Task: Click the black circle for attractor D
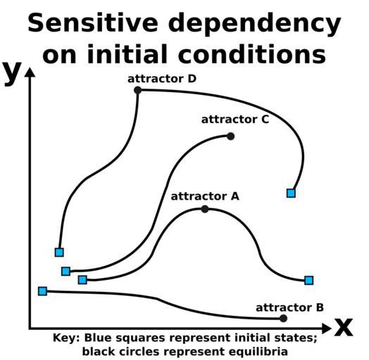(137, 90)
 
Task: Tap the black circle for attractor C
(231, 136)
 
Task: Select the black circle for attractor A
(205, 209)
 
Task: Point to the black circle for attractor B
(284, 319)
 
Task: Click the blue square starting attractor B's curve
(42, 291)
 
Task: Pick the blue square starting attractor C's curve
(66, 271)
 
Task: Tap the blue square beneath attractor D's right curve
(291, 193)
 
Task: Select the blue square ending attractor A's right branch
(308, 281)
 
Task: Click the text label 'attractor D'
(162, 79)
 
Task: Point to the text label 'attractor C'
(235, 120)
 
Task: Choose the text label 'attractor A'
(205, 196)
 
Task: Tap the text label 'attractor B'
(289, 307)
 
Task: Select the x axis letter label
(344, 327)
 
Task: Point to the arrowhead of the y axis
(30, 72)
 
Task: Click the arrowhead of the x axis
(327, 328)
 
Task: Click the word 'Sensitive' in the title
(93, 23)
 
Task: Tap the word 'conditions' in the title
(252, 54)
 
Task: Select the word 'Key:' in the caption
(66, 338)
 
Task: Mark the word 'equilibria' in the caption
(258, 352)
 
